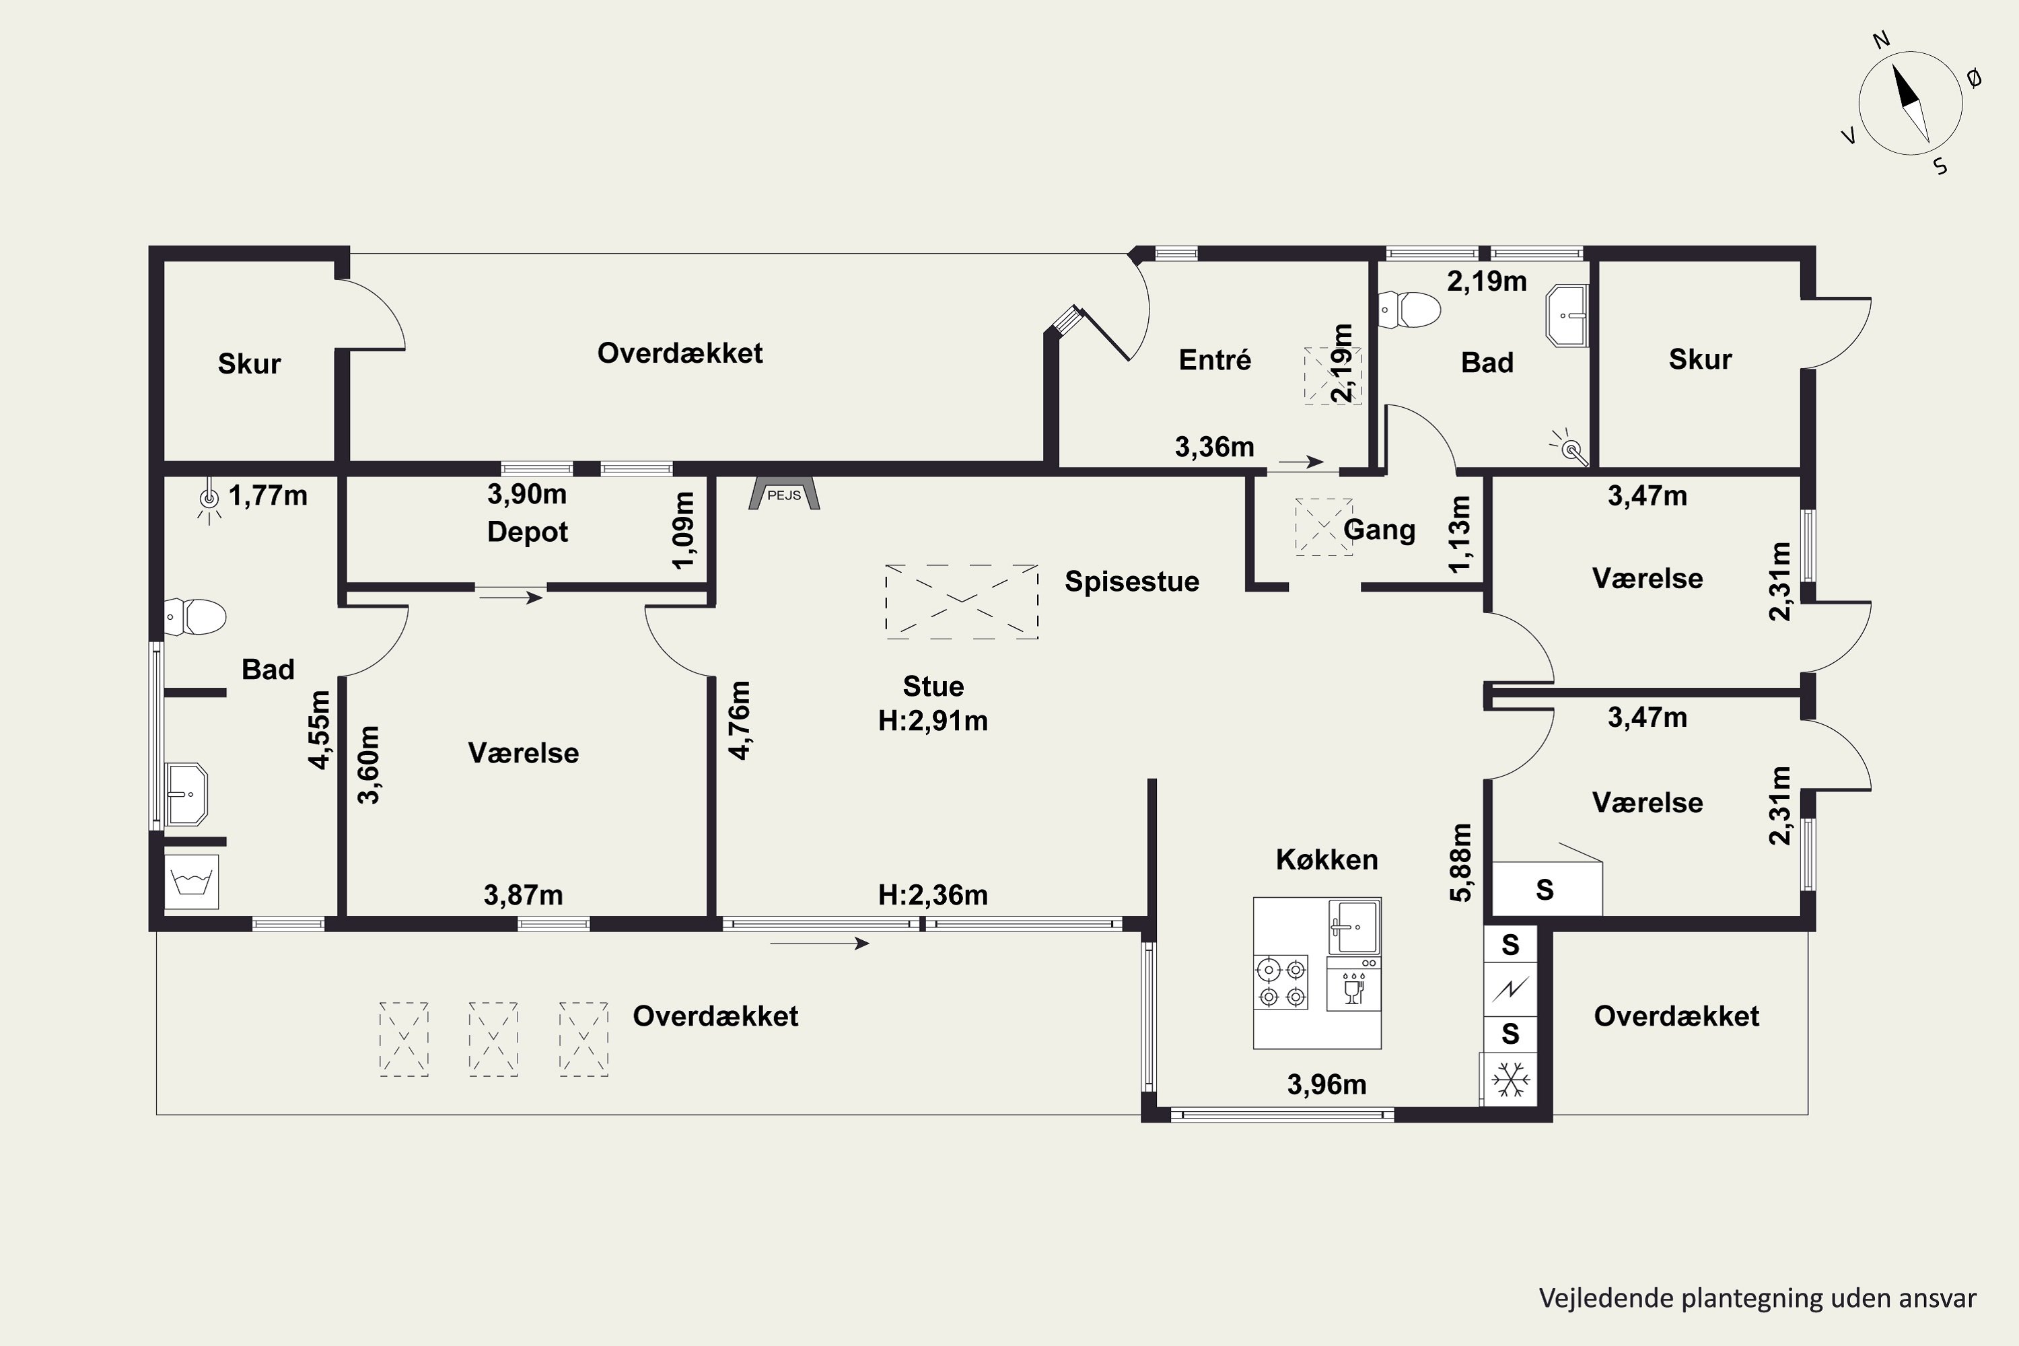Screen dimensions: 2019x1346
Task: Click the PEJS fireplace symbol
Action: coord(784,493)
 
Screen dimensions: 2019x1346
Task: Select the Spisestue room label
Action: coord(1131,581)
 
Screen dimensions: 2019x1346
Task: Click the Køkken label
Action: coord(1326,859)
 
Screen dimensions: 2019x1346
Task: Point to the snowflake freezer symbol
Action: coord(1511,1079)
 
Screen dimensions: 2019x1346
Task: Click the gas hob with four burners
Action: coord(1281,982)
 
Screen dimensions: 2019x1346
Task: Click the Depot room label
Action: coord(527,532)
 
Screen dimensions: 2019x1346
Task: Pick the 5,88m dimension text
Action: coord(1461,863)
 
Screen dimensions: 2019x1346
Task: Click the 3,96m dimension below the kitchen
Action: coord(1326,1084)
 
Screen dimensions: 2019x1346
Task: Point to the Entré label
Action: coord(1215,359)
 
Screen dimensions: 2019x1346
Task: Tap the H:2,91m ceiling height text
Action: coord(933,720)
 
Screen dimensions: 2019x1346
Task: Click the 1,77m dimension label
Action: coord(268,495)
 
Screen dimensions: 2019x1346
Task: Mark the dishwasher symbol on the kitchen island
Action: coord(1353,984)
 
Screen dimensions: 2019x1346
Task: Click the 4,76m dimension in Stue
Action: coord(739,720)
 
